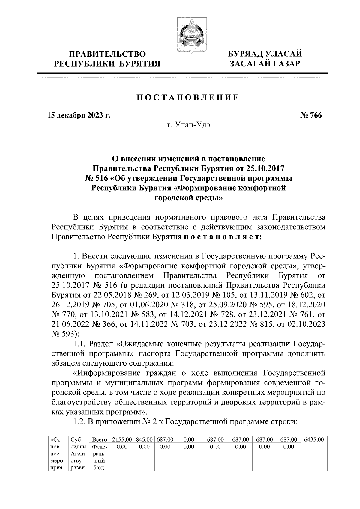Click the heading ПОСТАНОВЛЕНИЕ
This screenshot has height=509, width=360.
tap(188, 98)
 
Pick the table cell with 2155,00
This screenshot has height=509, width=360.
tap(122, 440)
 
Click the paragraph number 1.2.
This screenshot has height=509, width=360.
tap(79, 421)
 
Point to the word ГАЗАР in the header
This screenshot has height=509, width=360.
tap(285, 64)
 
